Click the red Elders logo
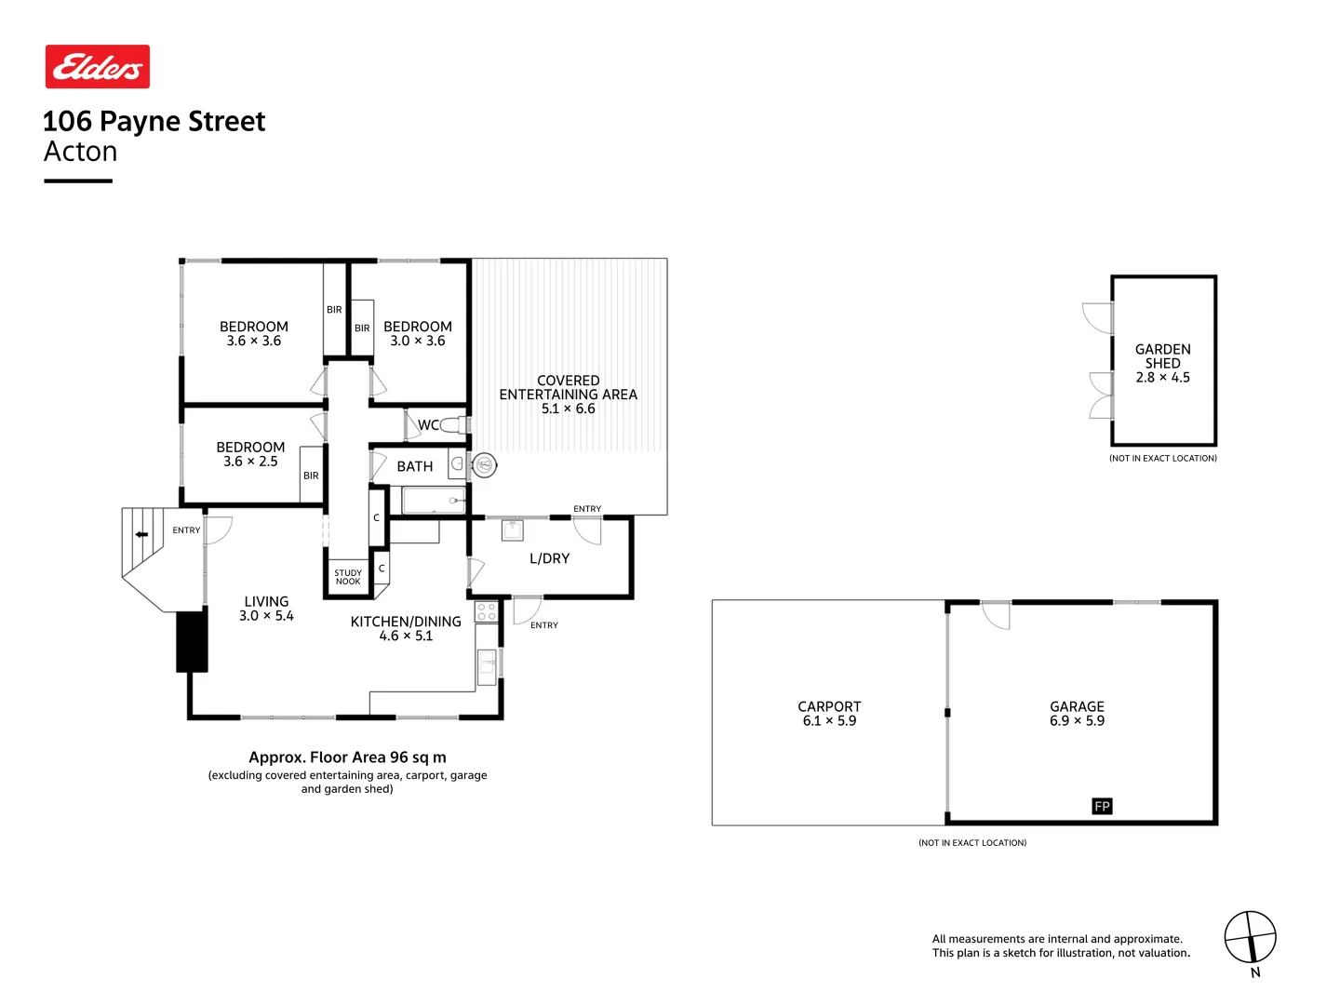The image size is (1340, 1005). [98, 67]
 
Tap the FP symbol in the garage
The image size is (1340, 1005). [1102, 806]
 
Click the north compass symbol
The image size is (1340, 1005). [1250, 938]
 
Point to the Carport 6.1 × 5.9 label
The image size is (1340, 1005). [829, 714]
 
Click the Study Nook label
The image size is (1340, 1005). [348, 577]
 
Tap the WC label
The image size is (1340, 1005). [428, 425]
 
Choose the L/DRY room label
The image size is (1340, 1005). [549, 558]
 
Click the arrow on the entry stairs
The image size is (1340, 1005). [141, 534]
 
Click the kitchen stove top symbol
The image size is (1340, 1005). [486, 611]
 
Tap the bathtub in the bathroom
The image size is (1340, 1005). [434, 501]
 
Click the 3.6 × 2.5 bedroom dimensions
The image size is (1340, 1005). [250, 462]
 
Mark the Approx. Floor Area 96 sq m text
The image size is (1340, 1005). [347, 757]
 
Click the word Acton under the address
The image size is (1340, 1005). [81, 152]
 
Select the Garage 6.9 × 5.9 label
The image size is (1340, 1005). [1077, 714]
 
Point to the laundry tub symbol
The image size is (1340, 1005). [513, 530]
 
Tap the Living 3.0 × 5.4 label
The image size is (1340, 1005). [266, 609]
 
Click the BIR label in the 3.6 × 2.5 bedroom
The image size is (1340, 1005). [311, 476]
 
